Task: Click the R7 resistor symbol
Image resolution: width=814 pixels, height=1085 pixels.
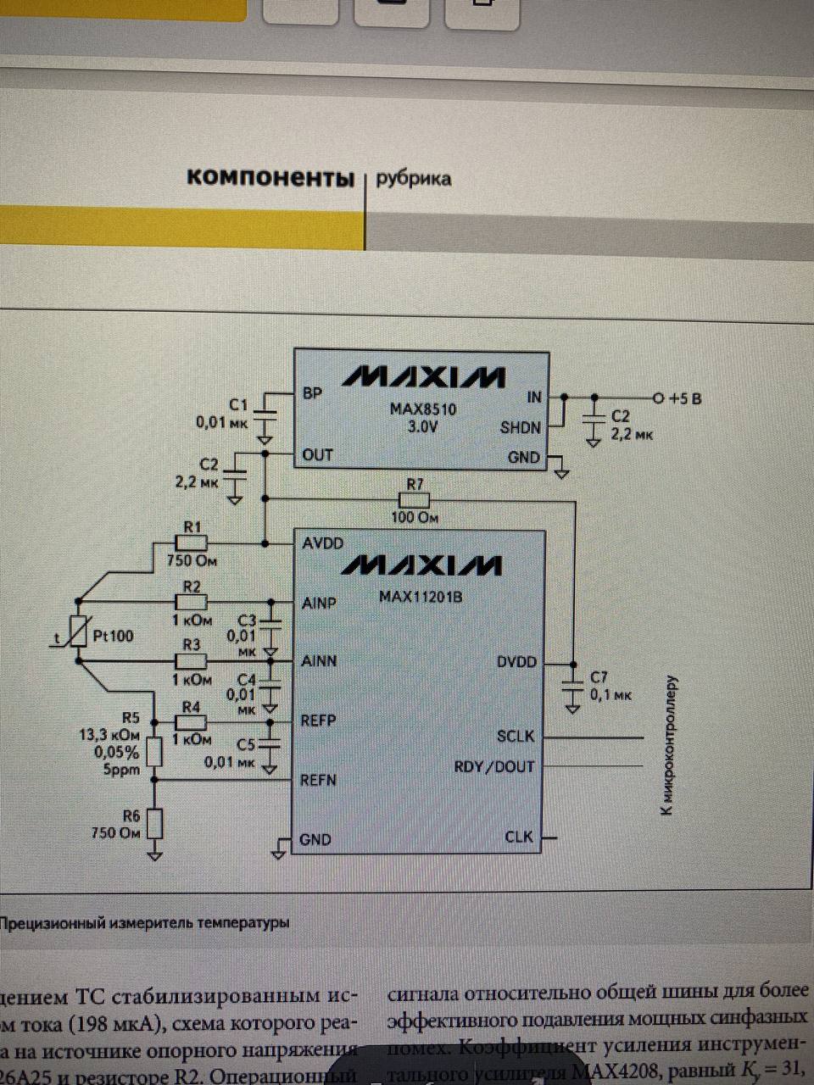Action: (x=415, y=501)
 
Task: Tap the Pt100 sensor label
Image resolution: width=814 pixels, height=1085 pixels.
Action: (x=114, y=636)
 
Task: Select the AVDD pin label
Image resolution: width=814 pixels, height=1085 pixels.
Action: (x=323, y=542)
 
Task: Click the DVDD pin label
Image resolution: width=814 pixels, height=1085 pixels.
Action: (x=516, y=661)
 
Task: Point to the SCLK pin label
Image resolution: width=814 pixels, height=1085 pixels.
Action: (x=516, y=736)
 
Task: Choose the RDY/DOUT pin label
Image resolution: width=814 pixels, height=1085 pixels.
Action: (x=494, y=767)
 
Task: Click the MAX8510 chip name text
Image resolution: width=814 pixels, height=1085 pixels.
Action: (x=423, y=409)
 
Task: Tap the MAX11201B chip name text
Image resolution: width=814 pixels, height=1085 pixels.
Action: (x=421, y=596)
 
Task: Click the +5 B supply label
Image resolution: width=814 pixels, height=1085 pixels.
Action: (x=684, y=398)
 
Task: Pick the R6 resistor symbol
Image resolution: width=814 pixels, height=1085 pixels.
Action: (x=154, y=823)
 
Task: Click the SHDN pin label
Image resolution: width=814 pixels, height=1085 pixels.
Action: (x=520, y=427)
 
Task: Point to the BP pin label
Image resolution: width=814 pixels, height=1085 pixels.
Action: (x=312, y=394)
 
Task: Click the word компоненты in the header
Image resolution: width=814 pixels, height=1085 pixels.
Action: (x=270, y=177)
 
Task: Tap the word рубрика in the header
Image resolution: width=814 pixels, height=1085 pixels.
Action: (x=413, y=178)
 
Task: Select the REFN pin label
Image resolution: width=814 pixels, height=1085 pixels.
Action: (x=319, y=780)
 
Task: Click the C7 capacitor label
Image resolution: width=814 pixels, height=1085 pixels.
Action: (x=599, y=677)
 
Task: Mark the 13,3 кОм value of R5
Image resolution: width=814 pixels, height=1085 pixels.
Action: (x=109, y=736)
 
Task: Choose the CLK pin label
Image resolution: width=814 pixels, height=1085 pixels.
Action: (x=519, y=837)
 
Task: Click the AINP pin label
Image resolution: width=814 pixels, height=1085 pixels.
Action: (x=320, y=604)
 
